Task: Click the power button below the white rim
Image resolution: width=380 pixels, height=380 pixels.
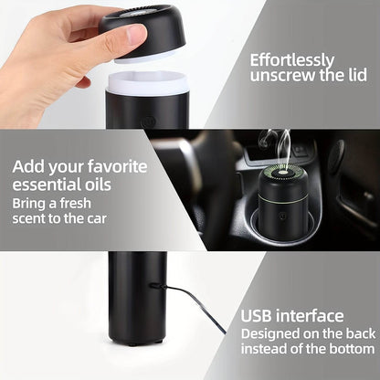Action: (148, 118)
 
